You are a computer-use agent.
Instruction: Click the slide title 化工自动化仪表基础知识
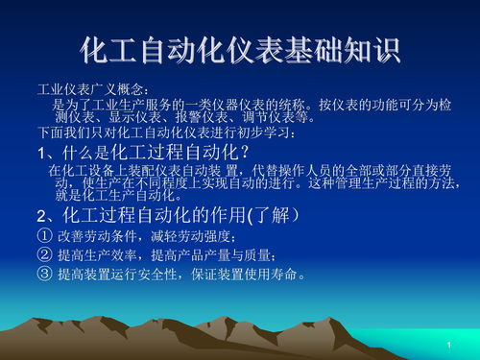(x=240, y=49)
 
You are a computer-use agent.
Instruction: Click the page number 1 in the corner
(x=448, y=345)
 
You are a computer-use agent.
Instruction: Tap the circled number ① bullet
(x=44, y=235)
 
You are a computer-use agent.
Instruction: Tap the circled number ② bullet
(x=44, y=254)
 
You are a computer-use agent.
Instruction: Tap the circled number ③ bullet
(x=44, y=275)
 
